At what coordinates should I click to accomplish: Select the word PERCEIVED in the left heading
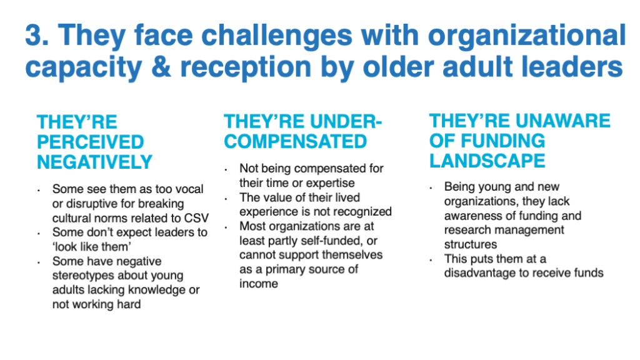click(90, 142)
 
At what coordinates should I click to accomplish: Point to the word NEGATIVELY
click(95, 162)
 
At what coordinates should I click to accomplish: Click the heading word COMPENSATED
click(296, 141)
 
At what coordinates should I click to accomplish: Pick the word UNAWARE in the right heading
click(563, 121)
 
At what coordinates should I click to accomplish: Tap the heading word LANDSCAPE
click(487, 161)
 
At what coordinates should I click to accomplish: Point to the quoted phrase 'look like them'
click(92, 247)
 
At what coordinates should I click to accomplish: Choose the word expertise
click(330, 183)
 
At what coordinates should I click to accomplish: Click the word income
click(259, 284)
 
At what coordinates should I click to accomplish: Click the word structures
click(471, 244)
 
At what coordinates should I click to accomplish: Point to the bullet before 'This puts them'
click(431, 260)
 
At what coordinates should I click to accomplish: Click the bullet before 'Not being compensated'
click(226, 169)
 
